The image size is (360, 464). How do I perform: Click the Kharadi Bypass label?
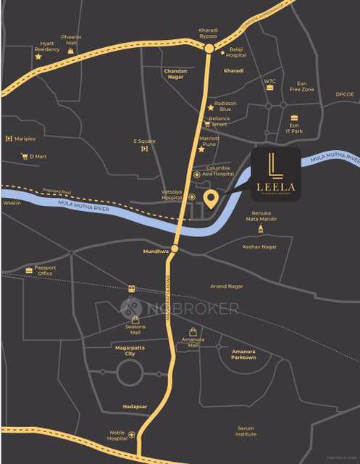[x=208, y=33]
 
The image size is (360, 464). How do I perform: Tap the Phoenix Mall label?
[x=70, y=39]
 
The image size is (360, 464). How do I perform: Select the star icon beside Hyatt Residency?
[x=38, y=56]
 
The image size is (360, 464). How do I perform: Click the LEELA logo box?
[x=276, y=173]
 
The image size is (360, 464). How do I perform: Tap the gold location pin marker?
[x=211, y=198]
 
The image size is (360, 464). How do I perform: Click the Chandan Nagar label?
[x=176, y=74]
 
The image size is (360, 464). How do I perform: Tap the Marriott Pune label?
[x=209, y=140]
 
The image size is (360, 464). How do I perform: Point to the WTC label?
[x=269, y=81]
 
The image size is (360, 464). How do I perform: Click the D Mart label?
[x=38, y=156]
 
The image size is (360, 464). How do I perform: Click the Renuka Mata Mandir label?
[x=261, y=215]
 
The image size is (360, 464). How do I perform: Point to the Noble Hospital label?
[x=117, y=435]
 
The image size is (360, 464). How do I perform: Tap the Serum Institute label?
[x=246, y=431]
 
